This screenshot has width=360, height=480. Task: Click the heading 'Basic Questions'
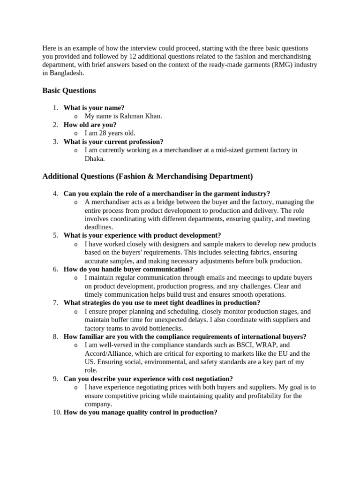(x=69, y=90)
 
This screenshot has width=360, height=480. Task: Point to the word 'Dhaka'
(x=94, y=158)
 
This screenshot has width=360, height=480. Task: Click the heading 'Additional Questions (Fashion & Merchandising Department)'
(x=147, y=176)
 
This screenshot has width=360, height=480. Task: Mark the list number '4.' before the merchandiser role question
(x=55, y=194)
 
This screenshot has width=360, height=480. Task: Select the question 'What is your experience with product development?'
(x=142, y=235)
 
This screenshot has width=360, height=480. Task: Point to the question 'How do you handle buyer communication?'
(x=128, y=269)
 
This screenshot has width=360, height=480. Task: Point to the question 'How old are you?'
(x=90, y=125)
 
